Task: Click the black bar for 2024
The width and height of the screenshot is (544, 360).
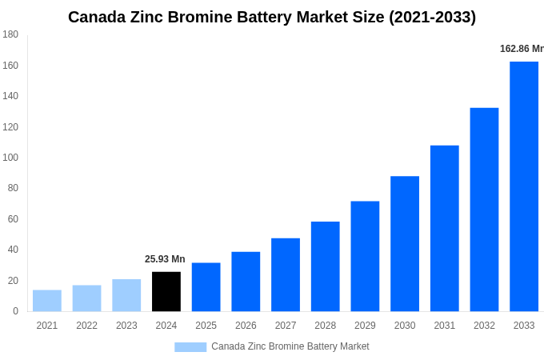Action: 166,291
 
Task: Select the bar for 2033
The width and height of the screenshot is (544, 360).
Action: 524,186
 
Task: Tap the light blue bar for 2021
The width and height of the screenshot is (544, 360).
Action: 47,301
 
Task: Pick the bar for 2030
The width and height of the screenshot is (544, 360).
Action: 405,243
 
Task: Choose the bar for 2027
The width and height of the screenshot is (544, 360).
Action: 286,274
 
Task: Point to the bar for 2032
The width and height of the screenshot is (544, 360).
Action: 484,210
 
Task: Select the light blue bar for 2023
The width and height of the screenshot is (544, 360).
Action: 126,295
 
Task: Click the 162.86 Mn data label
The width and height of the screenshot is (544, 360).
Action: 521,49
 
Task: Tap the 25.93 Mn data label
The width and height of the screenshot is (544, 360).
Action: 165,259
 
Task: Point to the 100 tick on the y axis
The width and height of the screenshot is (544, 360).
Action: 10,158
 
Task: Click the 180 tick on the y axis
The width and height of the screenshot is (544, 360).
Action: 10,34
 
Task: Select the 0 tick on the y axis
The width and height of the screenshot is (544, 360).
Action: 15,311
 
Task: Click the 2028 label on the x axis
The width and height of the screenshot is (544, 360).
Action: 326,326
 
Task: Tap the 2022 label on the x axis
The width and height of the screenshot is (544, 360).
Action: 86,326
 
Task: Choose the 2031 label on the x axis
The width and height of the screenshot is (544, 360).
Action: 445,326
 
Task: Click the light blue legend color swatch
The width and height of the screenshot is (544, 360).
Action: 190,346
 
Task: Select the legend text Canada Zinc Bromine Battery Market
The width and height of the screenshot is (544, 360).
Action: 290,346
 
